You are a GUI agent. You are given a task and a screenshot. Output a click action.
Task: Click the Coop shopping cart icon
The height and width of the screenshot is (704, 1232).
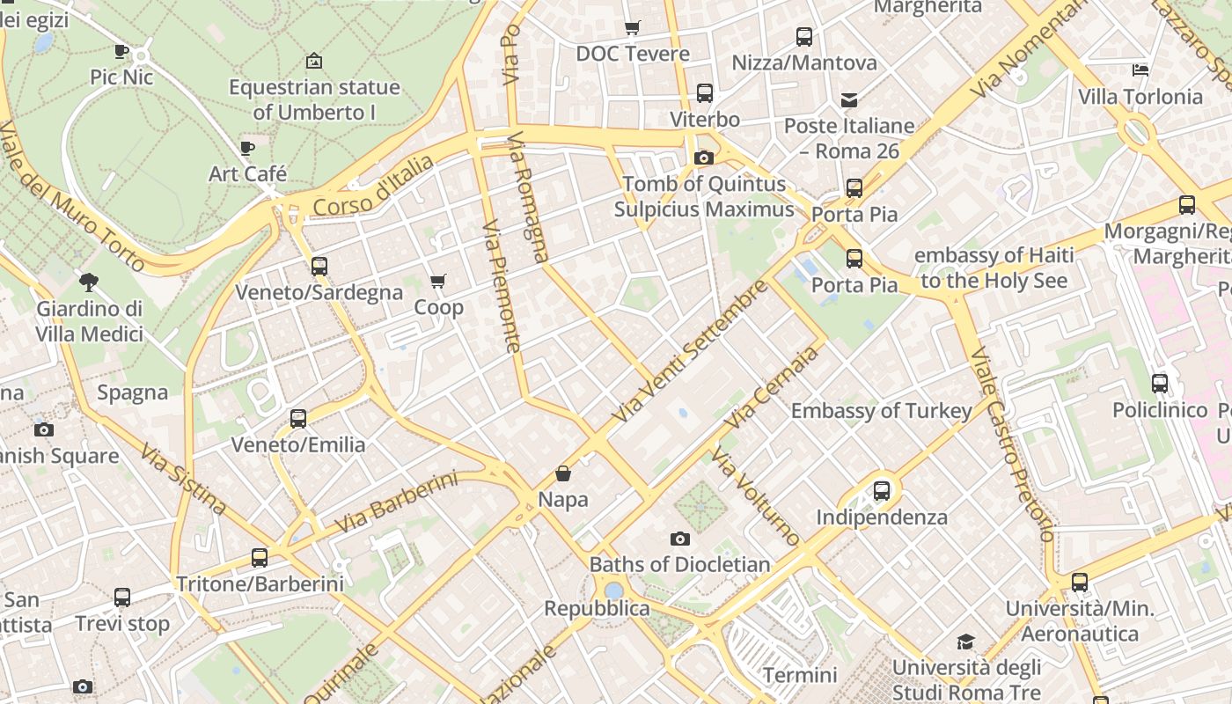437,282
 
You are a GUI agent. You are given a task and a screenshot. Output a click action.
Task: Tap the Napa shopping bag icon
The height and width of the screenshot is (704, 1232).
563,474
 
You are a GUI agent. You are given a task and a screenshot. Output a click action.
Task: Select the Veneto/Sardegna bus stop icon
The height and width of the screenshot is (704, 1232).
319,266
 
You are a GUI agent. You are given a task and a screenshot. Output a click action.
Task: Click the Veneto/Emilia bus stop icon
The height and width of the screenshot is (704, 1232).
298,419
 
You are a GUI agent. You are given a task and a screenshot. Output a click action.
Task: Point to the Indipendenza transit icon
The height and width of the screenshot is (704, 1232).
882,491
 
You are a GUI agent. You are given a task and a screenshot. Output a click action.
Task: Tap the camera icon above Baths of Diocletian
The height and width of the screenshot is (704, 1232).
680,539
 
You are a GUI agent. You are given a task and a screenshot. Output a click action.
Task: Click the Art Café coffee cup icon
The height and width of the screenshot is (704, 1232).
247,148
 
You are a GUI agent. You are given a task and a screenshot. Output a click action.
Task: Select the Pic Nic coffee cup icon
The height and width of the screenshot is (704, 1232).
121,52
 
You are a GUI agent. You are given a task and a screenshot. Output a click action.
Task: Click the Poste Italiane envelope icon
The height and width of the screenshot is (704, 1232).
849,100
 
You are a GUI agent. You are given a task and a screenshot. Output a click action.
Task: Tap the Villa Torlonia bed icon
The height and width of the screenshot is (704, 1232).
1140,70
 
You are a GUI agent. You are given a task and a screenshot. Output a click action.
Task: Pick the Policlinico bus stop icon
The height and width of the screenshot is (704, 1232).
1160,384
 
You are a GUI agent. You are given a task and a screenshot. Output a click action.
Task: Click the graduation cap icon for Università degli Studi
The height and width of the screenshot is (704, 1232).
966,642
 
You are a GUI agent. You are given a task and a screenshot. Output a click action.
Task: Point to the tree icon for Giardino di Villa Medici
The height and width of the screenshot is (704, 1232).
88,282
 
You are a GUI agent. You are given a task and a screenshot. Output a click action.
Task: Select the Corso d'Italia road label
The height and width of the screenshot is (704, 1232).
374,187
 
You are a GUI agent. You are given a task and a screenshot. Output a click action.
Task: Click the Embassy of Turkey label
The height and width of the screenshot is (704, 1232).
881,411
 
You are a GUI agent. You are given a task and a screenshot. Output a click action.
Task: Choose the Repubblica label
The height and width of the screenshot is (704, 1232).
597,608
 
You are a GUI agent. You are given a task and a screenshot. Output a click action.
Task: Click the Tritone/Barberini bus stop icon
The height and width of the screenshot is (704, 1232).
260,557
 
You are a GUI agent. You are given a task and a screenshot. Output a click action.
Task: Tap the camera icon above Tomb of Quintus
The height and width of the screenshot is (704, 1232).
704,158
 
